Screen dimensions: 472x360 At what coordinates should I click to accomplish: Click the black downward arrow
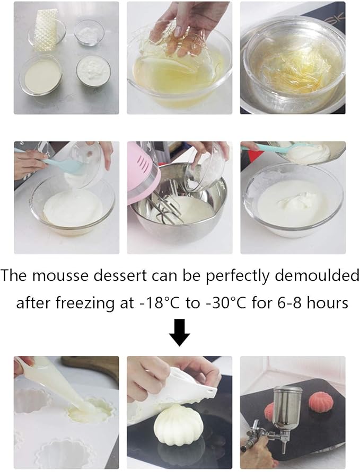tap(180, 332)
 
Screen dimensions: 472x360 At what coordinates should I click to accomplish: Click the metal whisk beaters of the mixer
tap(168, 207)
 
